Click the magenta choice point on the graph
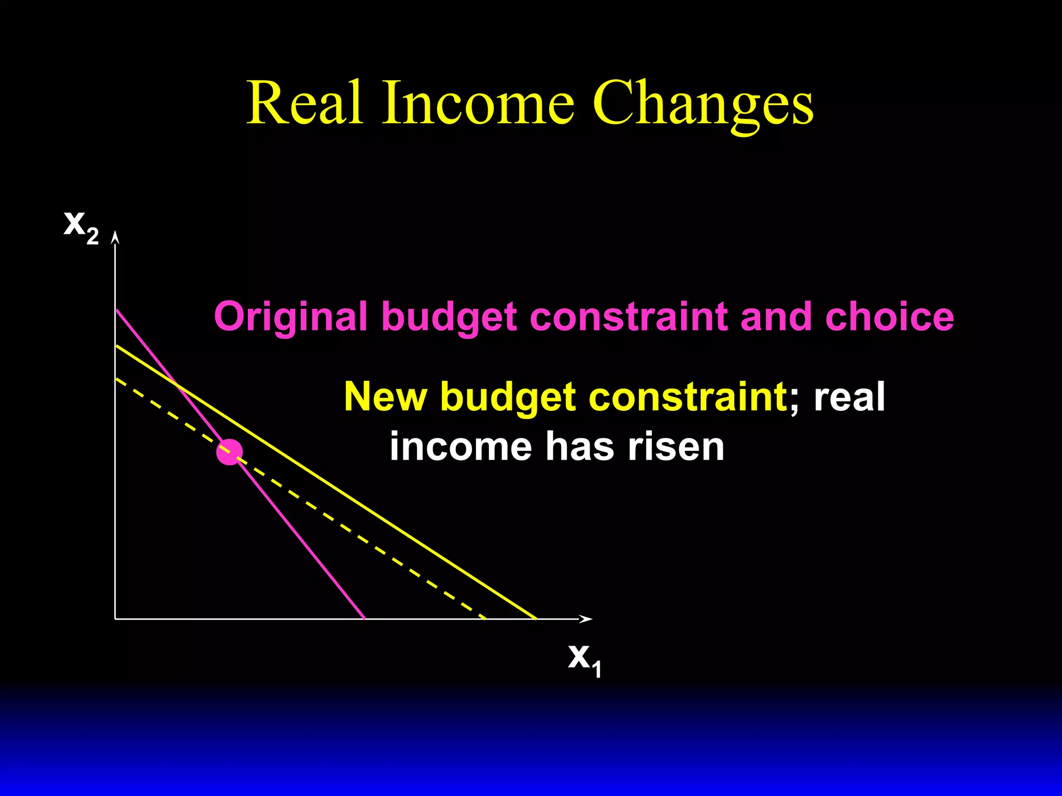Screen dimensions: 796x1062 (229, 452)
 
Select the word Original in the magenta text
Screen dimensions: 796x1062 (290, 317)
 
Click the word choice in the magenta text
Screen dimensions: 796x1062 (889, 317)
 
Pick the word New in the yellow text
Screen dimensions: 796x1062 (385, 396)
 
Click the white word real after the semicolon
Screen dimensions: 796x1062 (849, 396)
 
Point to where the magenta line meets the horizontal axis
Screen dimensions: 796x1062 (365, 619)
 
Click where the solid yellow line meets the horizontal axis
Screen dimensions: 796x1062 (536, 619)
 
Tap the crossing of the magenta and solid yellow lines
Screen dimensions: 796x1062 (177, 384)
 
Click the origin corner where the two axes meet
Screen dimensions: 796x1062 (115, 619)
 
